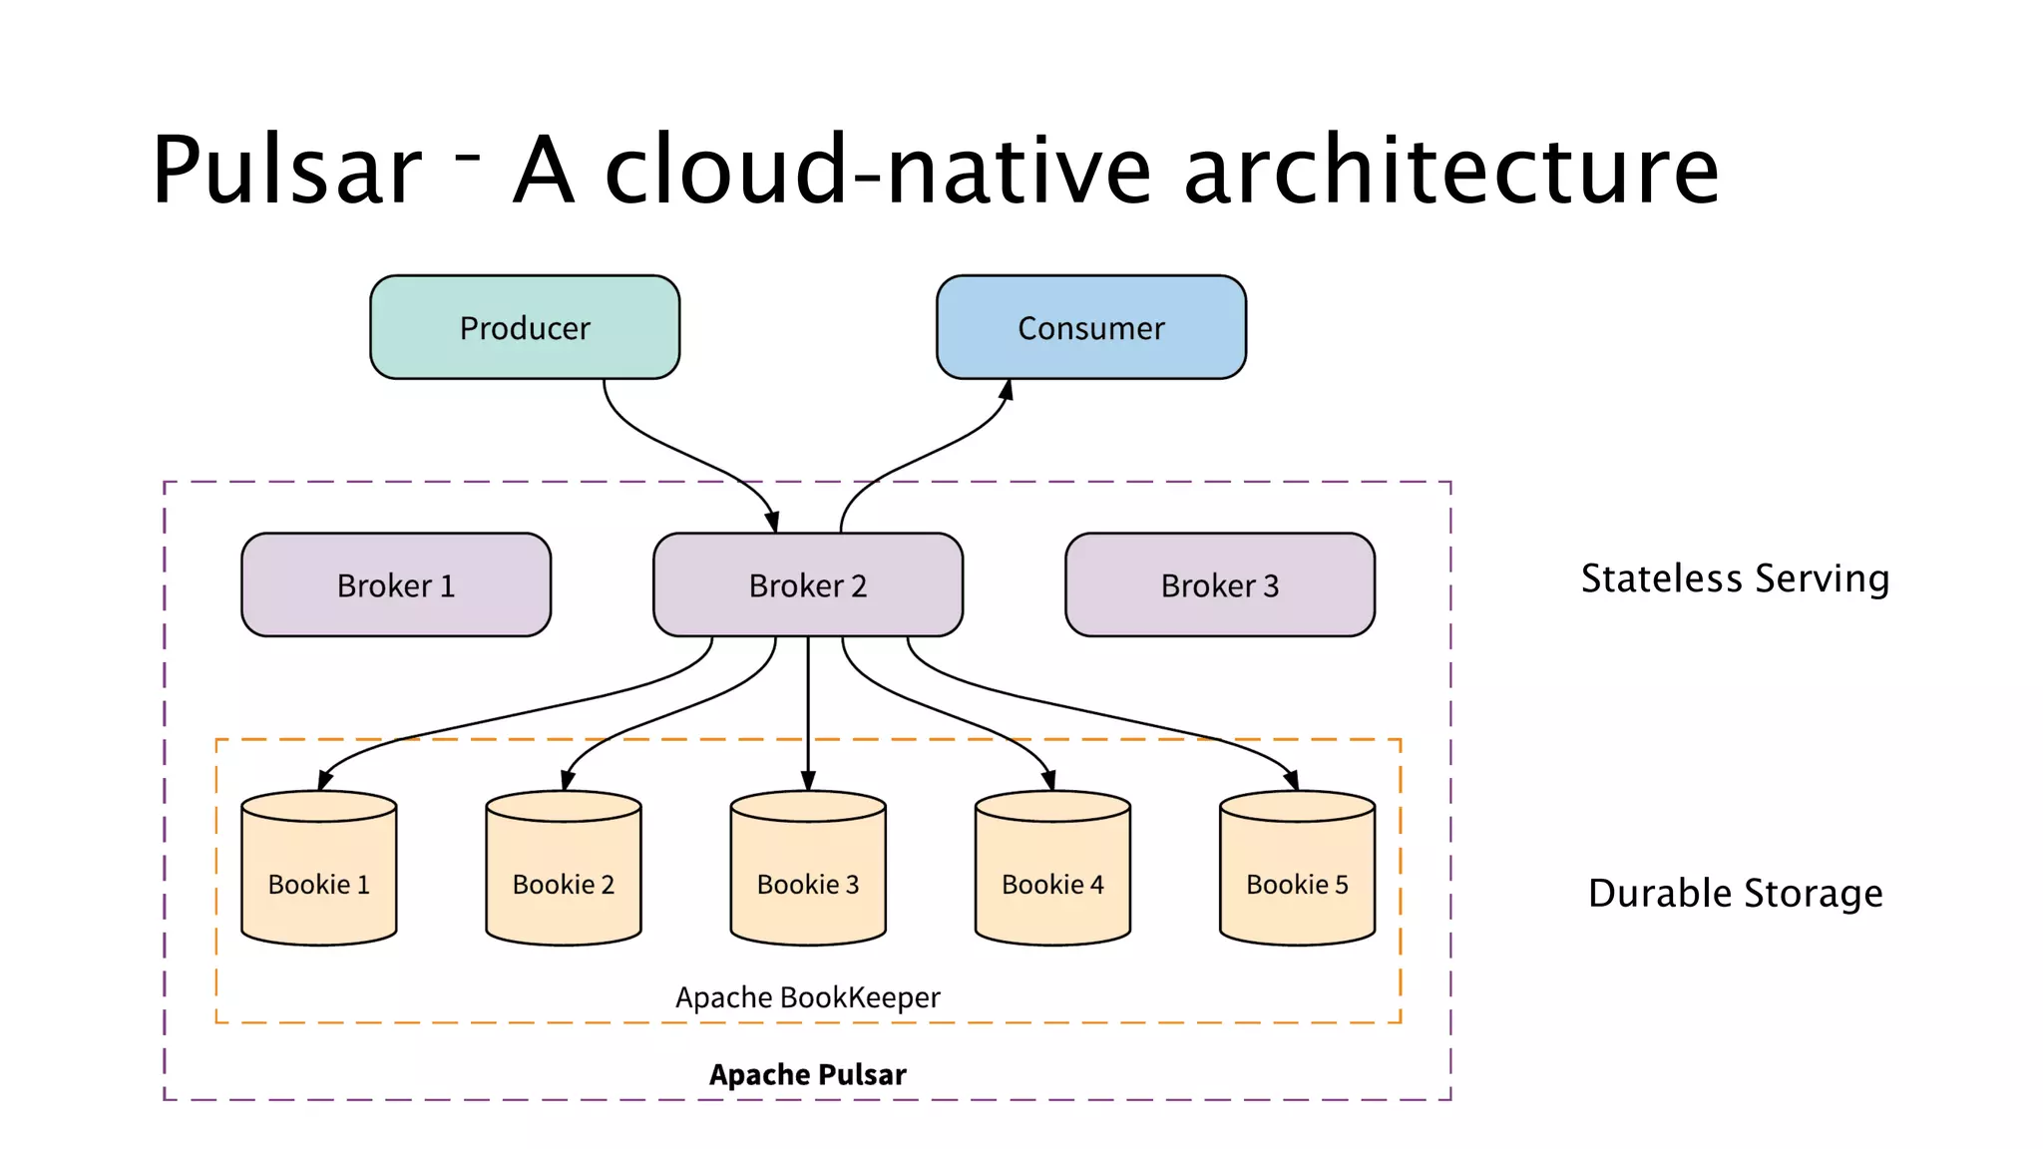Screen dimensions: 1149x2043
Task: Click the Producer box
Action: click(525, 327)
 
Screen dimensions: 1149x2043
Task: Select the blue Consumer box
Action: click(1090, 327)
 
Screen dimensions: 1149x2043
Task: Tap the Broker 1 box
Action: click(396, 584)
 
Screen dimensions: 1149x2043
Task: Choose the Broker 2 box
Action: click(807, 584)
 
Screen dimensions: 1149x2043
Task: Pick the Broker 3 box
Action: click(1219, 584)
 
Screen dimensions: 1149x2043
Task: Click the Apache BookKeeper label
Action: click(807, 997)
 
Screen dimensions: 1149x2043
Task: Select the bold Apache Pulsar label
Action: click(807, 1074)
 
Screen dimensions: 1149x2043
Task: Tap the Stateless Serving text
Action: click(1735, 578)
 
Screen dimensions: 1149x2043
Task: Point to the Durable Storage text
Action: click(1735, 893)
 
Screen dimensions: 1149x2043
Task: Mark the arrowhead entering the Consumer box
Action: click(1007, 390)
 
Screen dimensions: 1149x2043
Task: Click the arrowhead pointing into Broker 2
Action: click(772, 522)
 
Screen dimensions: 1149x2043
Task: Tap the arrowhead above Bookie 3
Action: click(808, 780)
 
